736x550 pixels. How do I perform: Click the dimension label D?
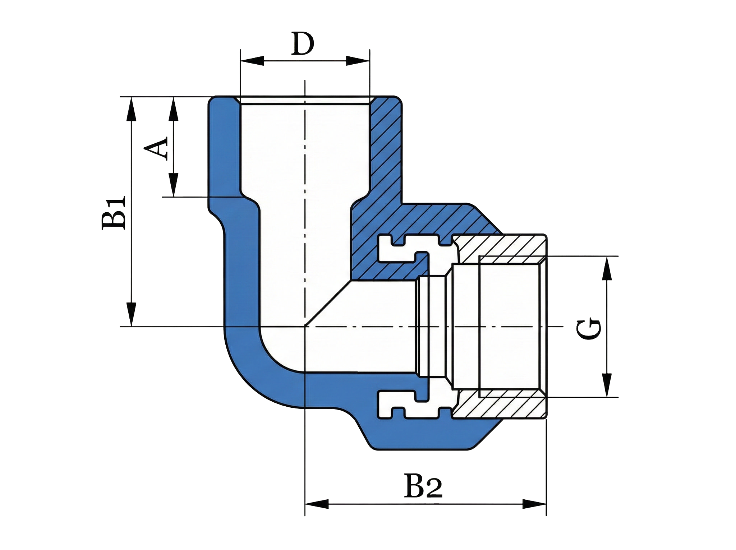303,44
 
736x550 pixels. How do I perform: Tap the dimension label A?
157,148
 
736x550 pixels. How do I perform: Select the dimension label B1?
114,213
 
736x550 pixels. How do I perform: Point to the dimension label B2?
423,486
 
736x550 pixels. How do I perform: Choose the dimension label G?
588,329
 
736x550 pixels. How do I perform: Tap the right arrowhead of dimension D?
358,61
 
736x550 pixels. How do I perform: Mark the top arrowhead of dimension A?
174,109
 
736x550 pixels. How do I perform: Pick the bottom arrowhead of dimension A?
174,185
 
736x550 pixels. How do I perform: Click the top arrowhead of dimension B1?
132,109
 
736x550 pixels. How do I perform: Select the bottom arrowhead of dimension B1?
132,314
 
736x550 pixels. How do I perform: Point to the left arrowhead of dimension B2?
317,504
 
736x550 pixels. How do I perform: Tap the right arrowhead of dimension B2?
534,504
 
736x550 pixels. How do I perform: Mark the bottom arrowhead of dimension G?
607,385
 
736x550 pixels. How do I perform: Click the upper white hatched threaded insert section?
503,246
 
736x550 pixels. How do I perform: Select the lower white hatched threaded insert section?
503,408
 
